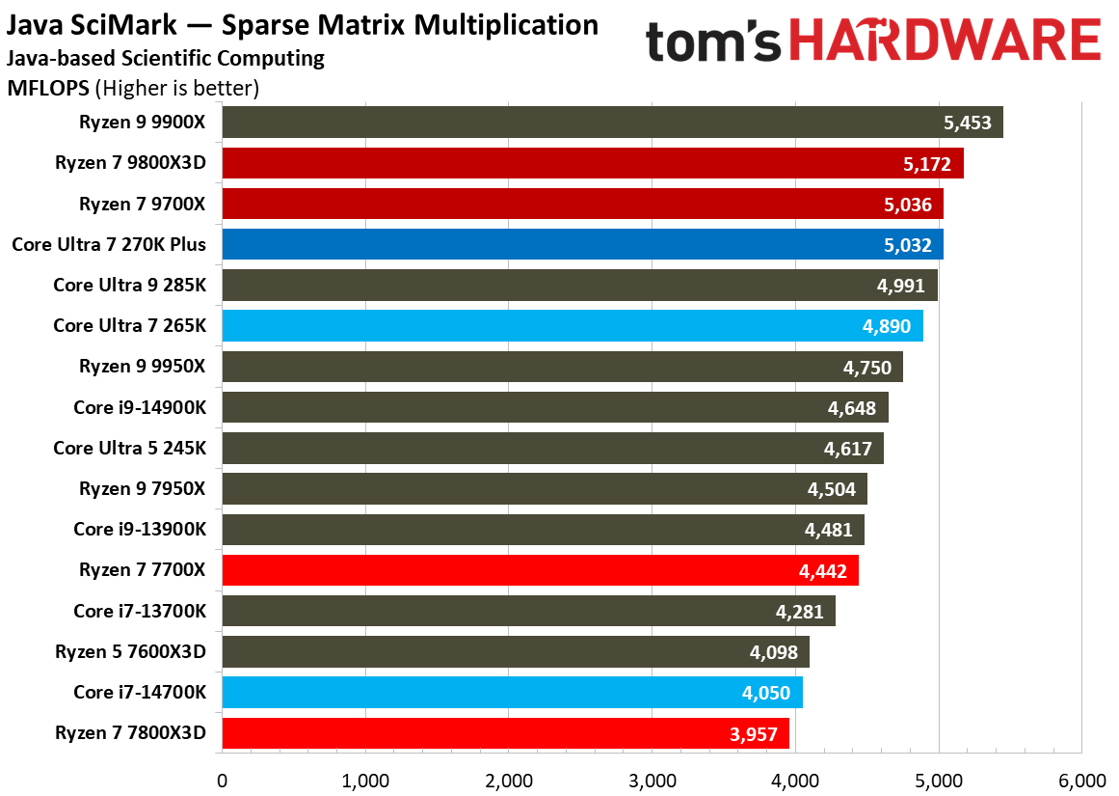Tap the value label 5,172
coord(927,164)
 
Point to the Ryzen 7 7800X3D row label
coord(131,732)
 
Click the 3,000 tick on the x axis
coord(653,780)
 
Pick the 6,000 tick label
coord(1081,780)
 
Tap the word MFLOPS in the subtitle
coord(49,89)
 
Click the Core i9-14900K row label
coord(140,407)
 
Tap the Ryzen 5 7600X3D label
coord(131,651)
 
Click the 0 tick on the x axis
coord(223,780)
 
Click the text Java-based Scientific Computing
coord(166,59)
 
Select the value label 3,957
coord(754,733)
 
